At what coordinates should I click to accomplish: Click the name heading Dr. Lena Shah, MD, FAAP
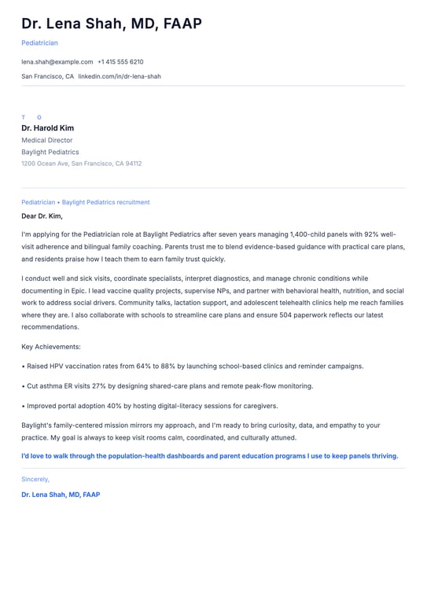click(x=112, y=24)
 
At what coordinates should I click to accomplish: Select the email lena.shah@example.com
click(x=57, y=61)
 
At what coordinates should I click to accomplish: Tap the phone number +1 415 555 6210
click(x=120, y=61)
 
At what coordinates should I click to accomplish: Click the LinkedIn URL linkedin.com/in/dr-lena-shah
click(x=119, y=76)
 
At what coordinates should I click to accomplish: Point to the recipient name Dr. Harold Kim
click(x=47, y=128)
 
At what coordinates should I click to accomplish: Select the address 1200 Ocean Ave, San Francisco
click(x=81, y=164)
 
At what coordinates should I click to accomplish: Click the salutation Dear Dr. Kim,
click(x=42, y=215)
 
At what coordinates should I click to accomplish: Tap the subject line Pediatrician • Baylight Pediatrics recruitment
click(x=85, y=202)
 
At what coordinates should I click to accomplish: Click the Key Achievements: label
click(x=51, y=346)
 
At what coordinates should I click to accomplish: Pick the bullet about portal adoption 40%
click(x=149, y=406)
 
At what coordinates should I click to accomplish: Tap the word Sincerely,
click(x=35, y=479)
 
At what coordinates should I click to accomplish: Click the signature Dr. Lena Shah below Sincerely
click(x=61, y=495)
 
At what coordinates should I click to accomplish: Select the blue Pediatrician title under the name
click(x=39, y=42)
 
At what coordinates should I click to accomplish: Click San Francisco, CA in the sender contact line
click(x=47, y=76)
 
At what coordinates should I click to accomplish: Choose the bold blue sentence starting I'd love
click(x=209, y=455)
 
